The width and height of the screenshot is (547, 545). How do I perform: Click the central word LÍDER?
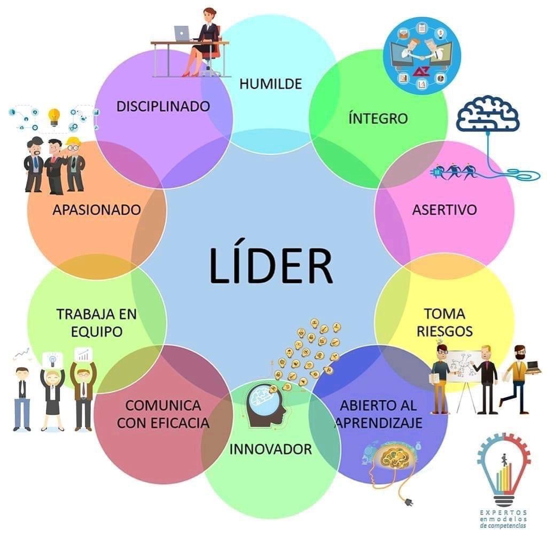pos(271,265)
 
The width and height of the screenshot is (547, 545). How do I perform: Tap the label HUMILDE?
pos(271,84)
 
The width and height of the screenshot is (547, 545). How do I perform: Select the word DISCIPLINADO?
pos(163,106)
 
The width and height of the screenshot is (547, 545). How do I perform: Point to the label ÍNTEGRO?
pos(378,118)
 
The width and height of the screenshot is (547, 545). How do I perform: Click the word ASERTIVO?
pos(444,210)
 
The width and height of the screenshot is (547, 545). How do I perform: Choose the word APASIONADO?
pos(96,210)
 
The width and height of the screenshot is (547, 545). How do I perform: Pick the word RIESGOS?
pos(444,331)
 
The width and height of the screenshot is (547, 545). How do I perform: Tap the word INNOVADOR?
pos(270,449)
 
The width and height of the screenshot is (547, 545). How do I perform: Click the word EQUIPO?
pos(96,331)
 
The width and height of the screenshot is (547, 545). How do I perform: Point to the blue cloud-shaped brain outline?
pos(487,114)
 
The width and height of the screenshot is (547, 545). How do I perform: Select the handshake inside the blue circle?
pos(421,56)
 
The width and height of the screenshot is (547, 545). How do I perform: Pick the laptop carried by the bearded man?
pos(533,367)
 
